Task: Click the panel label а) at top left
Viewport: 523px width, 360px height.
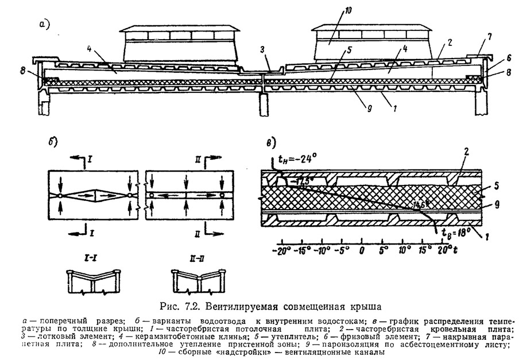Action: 45,24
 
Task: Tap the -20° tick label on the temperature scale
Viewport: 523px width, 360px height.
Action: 281,251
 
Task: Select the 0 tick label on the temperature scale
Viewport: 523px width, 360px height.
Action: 362,251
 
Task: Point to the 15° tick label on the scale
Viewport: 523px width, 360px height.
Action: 424,251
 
